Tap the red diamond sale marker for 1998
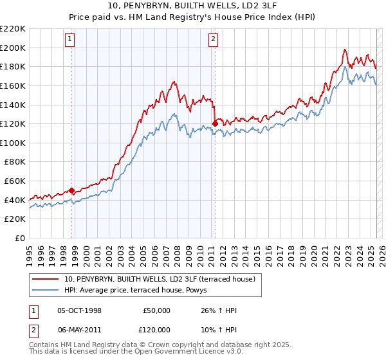[x=72, y=190]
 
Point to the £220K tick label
[x=13, y=29]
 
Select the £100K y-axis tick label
[x=13, y=143]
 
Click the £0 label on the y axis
[x=21, y=238]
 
